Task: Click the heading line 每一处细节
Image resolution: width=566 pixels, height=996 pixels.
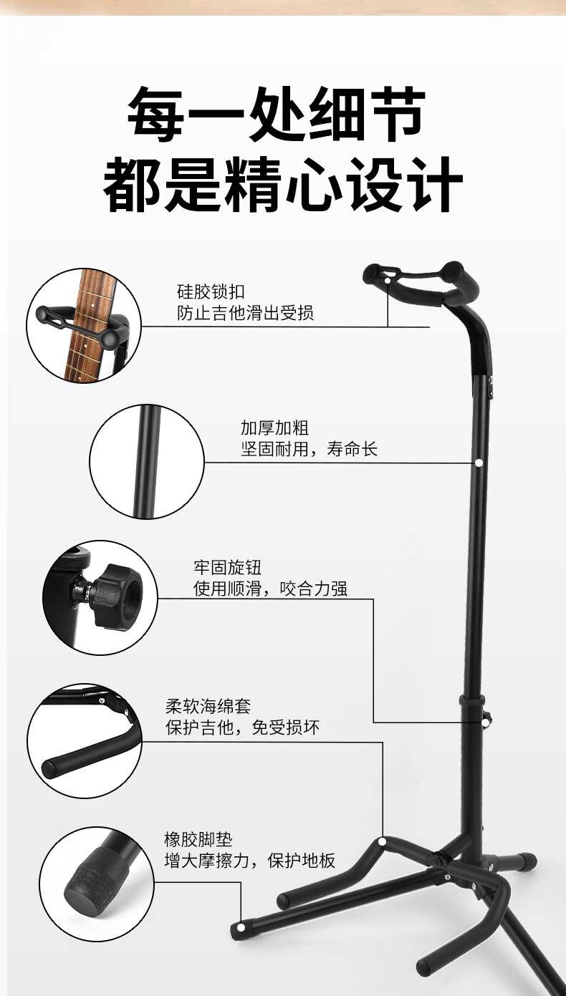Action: (x=277, y=114)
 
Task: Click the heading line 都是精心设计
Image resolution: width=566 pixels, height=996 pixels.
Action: (x=284, y=184)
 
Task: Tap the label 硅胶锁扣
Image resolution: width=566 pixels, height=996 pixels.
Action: (x=211, y=291)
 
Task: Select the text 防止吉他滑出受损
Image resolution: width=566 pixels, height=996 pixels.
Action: (x=245, y=313)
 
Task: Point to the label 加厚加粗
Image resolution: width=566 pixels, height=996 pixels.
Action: (x=274, y=427)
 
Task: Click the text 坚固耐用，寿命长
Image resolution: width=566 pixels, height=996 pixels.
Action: (x=310, y=449)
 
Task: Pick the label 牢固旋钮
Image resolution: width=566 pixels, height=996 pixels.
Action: (x=227, y=567)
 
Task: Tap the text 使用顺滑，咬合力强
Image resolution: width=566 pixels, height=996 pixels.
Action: (x=271, y=589)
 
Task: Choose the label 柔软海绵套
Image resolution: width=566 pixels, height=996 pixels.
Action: (x=208, y=706)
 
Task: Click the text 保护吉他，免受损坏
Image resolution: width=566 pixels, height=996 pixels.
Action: (x=242, y=727)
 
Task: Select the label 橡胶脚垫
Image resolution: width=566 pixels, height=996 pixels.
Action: (x=198, y=839)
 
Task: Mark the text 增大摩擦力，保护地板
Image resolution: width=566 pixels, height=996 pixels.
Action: (x=249, y=861)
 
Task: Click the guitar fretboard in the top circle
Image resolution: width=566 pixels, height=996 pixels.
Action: (x=89, y=324)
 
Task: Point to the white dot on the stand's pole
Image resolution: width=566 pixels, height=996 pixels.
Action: (x=479, y=463)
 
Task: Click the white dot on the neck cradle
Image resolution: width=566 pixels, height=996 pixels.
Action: (x=388, y=280)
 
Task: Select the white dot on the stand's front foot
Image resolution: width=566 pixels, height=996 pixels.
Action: (x=241, y=927)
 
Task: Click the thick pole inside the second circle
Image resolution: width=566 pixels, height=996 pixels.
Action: (x=148, y=461)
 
